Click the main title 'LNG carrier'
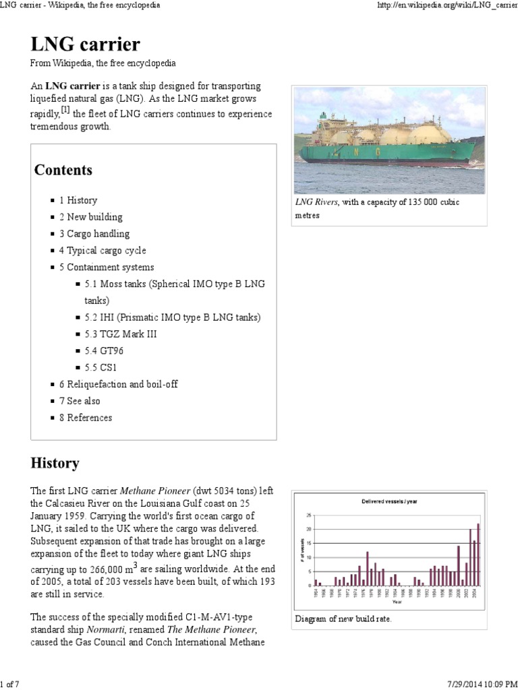tap(85, 44)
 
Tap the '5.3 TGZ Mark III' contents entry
tap(121, 334)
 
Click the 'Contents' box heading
tap(63, 170)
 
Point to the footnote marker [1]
tap(65, 110)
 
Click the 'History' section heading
tap(55, 464)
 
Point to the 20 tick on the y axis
tap(310, 529)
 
